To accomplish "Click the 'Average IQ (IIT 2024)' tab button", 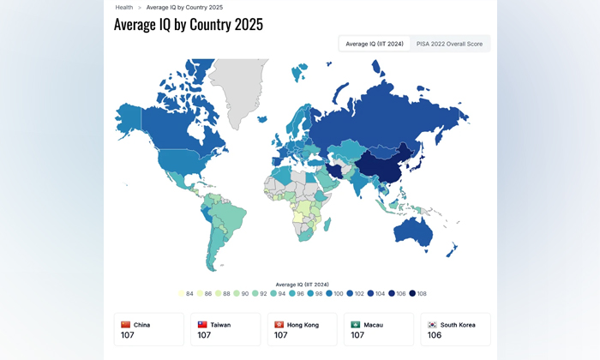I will point(374,44).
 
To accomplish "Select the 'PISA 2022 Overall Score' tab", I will point(449,44).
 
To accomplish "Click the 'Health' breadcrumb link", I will point(124,7).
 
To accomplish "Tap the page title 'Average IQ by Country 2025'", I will point(189,24).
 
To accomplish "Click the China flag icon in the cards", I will point(126,325).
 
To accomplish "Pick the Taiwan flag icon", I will point(202,325).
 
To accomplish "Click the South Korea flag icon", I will point(432,325).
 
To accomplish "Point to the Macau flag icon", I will point(356,325).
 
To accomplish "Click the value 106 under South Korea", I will point(435,335).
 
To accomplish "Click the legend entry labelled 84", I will point(185,293).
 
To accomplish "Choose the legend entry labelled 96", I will point(296,293).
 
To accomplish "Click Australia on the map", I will point(421,231).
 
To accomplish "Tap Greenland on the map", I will point(236,86).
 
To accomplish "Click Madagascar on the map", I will point(327,225).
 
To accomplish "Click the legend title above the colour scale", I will point(302,284).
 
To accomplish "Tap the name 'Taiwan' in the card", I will point(221,325).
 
